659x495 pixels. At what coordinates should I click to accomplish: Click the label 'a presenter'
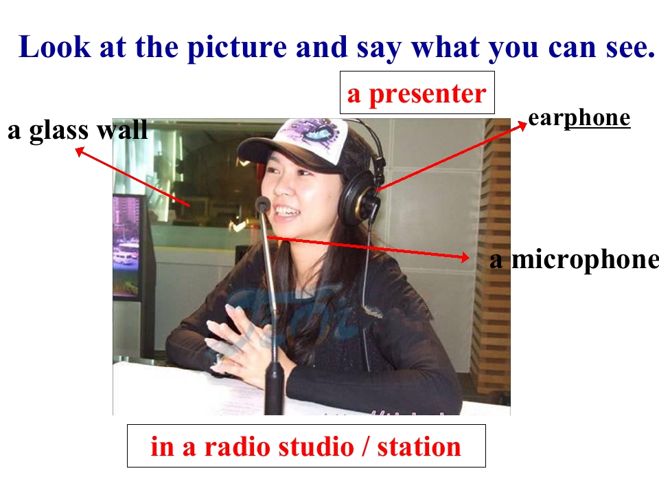[x=417, y=93]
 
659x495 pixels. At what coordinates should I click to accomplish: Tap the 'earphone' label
[x=579, y=118]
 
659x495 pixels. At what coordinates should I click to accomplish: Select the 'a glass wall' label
[x=78, y=130]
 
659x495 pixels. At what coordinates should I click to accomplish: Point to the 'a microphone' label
[x=574, y=260]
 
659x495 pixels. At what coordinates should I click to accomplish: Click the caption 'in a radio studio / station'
[x=306, y=447]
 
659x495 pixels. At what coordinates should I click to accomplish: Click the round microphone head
[x=262, y=204]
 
